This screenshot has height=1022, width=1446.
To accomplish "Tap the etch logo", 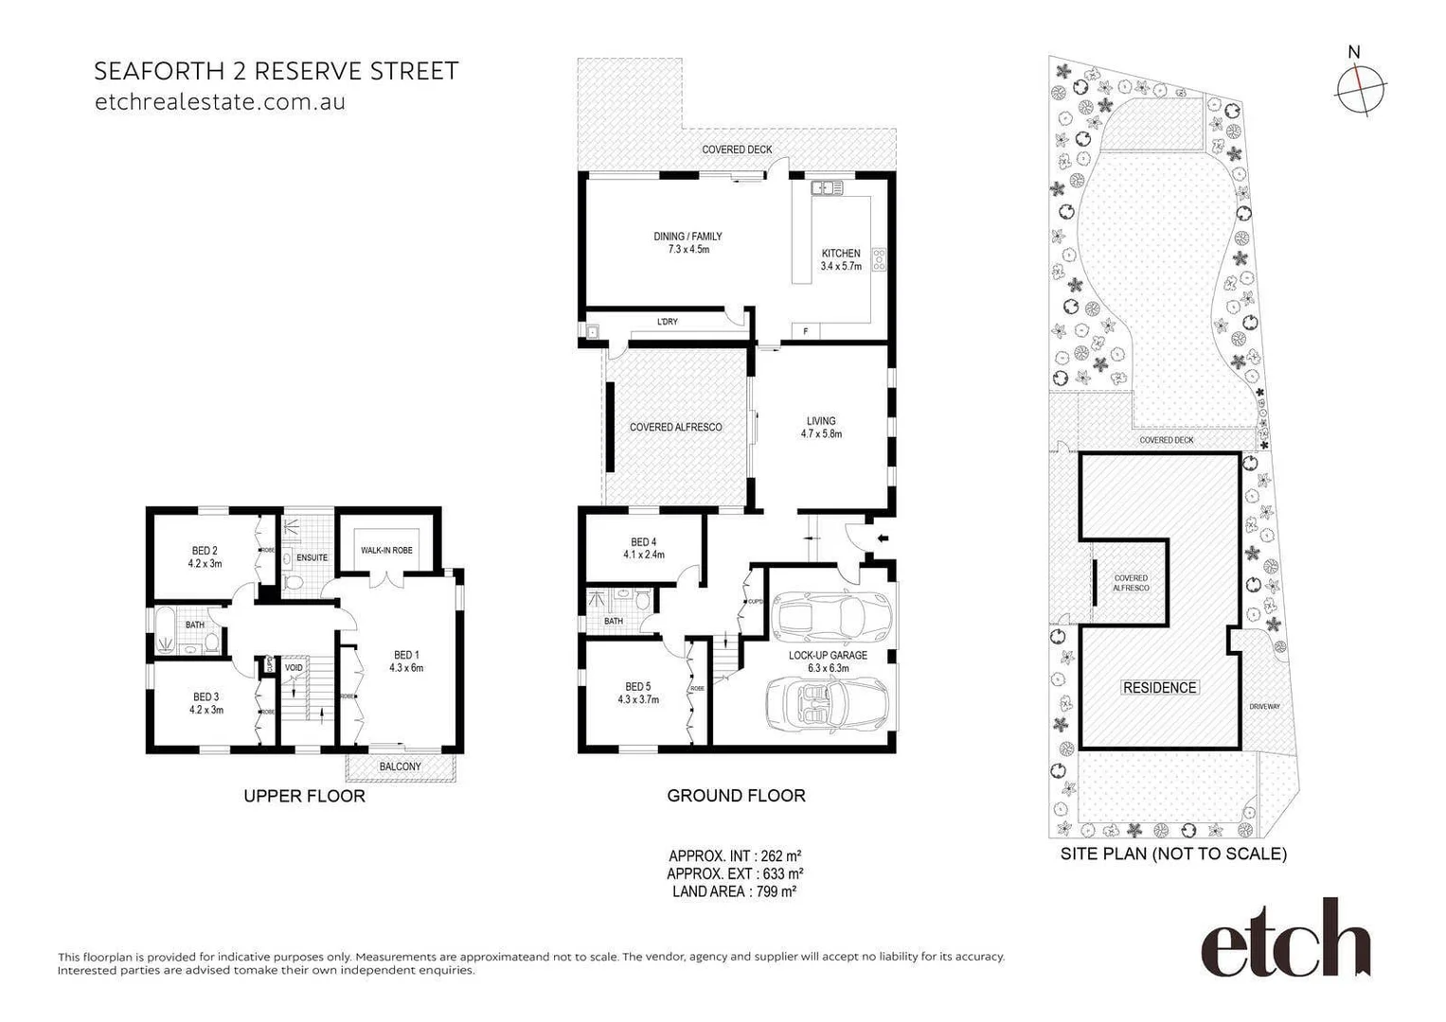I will pyautogui.click(x=1285, y=940).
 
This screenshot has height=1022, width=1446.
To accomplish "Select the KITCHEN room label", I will pyautogui.click(x=841, y=254).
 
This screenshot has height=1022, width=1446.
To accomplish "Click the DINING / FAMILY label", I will pyautogui.click(x=687, y=237).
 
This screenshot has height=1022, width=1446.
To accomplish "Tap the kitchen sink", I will pyautogui.click(x=827, y=188).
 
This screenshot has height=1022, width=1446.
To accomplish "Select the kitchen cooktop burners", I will pyautogui.click(x=878, y=259).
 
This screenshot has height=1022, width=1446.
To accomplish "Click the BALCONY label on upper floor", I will pyautogui.click(x=400, y=766).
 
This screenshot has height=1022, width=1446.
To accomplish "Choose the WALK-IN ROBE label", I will pyautogui.click(x=386, y=551).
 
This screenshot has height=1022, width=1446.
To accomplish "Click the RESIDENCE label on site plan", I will pyautogui.click(x=1159, y=688).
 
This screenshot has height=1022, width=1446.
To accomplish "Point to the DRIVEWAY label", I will pyautogui.click(x=1264, y=707).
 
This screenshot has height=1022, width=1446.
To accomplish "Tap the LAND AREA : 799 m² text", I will pyautogui.click(x=734, y=891).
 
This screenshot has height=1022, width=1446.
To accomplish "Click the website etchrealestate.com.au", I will pyautogui.click(x=220, y=102).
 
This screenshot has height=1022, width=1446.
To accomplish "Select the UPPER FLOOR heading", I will pyautogui.click(x=304, y=797).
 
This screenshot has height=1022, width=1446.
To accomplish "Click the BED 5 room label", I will pyautogui.click(x=638, y=687).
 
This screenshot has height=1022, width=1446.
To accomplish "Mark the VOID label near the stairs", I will pyautogui.click(x=295, y=668).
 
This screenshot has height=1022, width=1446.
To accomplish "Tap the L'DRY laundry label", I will pyautogui.click(x=668, y=323).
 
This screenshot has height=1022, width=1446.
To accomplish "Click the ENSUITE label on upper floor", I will pyautogui.click(x=312, y=558).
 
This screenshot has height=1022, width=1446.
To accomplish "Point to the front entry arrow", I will pyautogui.click(x=884, y=538).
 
